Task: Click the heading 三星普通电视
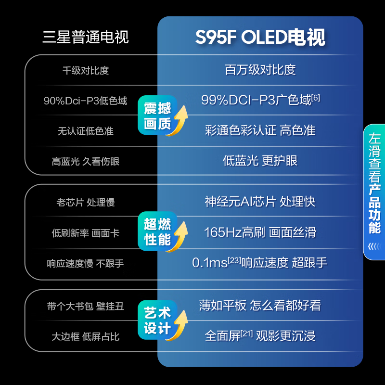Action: click(86, 37)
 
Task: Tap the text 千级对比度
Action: click(86, 70)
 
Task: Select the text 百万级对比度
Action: click(260, 70)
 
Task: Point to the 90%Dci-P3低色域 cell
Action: click(86, 101)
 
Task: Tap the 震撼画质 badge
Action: click(158, 115)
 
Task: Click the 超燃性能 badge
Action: click(158, 232)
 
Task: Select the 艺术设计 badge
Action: click(158, 321)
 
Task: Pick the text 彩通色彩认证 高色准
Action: click(260, 130)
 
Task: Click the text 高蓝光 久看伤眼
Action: click(86, 162)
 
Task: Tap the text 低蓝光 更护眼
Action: click(260, 161)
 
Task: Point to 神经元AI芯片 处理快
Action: click(260, 201)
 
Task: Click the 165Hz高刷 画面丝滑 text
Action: click(260, 232)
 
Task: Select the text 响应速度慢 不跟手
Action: click(86, 264)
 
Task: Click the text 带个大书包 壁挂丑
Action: click(86, 306)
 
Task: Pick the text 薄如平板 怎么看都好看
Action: click(260, 306)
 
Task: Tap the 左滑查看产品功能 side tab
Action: click(374, 192)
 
